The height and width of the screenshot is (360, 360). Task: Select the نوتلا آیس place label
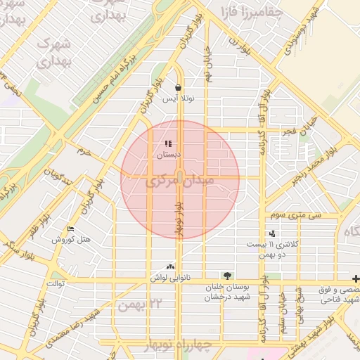pos(179,98)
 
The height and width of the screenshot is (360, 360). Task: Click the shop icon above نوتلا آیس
pos(178,88)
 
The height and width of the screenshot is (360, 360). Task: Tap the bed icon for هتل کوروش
pos(70,229)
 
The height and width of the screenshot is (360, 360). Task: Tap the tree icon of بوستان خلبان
pos(226,276)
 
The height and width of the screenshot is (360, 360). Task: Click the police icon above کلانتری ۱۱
pos(272,233)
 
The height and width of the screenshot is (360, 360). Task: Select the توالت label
pos(56,284)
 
